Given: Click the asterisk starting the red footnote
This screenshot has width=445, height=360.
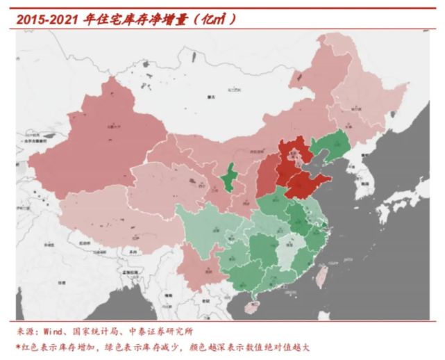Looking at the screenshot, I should [19, 347].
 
